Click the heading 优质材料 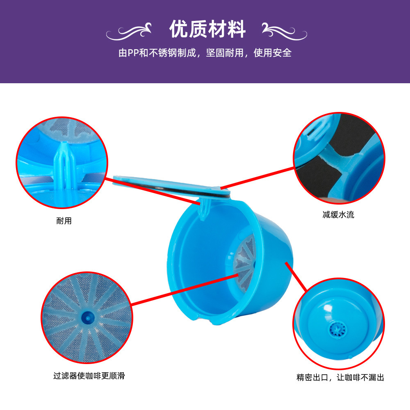(207, 29)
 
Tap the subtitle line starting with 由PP (205, 53)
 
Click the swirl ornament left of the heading (129, 32)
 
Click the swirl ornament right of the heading (285, 32)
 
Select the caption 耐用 (64, 221)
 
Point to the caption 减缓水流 (338, 215)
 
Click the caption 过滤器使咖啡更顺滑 (89, 376)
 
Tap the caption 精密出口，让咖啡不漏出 (340, 377)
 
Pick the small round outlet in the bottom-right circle (337, 330)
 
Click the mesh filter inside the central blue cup (244, 263)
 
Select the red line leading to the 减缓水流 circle (257, 178)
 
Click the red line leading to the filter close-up (184, 289)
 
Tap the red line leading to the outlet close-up (296, 277)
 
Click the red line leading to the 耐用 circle (153, 191)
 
